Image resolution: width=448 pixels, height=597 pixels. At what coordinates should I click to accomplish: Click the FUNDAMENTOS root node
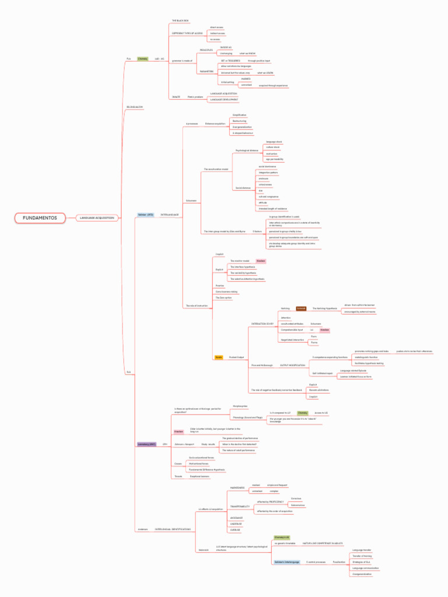[x=40, y=217]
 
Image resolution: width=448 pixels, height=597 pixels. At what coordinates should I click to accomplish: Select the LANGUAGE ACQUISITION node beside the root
[x=97, y=217]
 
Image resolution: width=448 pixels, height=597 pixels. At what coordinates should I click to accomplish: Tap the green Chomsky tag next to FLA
[x=142, y=59]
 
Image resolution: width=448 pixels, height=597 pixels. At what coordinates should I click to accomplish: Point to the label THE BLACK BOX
[x=180, y=20]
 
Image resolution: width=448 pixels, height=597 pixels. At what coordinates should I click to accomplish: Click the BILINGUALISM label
[x=135, y=107]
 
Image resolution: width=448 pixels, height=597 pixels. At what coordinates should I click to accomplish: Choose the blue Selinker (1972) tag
[x=145, y=215]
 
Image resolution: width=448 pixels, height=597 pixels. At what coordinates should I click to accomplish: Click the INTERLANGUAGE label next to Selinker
[x=169, y=215]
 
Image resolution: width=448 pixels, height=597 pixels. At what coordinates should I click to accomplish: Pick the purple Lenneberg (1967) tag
[x=146, y=444]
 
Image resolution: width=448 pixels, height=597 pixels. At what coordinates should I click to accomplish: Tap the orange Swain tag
[x=219, y=357]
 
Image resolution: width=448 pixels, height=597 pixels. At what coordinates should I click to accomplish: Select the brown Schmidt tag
[x=301, y=308]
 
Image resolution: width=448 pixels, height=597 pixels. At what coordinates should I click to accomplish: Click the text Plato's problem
[x=195, y=97]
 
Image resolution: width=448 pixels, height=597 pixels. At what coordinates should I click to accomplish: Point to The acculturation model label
[x=216, y=169]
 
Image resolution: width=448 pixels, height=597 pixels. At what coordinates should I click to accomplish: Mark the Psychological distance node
[x=247, y=150]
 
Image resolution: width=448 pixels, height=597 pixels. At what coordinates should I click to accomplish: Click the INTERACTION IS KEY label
[x=262, y=323]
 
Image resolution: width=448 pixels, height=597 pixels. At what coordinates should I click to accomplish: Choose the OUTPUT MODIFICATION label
[x=293, y=365]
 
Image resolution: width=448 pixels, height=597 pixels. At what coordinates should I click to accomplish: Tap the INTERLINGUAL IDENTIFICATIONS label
[x=173, y=529]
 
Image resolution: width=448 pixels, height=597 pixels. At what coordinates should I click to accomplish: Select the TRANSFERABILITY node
[x=240, y=506]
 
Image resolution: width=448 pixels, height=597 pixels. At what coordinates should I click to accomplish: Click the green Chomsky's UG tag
[x=282, y=536]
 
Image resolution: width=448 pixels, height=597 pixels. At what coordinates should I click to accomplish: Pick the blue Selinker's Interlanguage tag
[x=286, y=562]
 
